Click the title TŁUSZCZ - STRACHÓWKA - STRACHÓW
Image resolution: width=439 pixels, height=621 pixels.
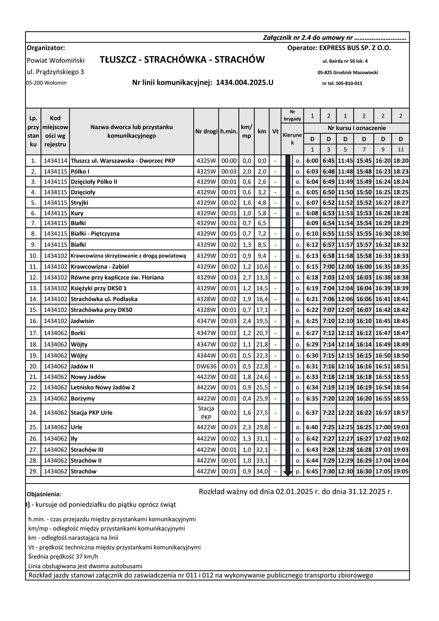[182, 60]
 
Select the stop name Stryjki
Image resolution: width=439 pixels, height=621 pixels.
[80, 203]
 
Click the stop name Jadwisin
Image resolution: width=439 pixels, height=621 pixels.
[82, 321]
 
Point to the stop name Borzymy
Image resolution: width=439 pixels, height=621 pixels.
[83, 399]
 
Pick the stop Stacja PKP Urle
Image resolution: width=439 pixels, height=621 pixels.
[91, 413]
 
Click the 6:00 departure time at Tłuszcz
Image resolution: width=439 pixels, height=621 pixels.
[312, 161]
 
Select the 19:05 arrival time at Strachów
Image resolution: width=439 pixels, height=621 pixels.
[401, 472]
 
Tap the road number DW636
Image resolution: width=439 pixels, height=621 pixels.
[206, 367]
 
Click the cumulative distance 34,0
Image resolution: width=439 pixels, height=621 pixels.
[262, 472]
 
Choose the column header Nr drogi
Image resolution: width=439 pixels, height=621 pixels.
[206, 132]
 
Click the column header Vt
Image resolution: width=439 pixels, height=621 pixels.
[275, 132]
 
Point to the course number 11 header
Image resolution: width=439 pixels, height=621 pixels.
[401, 149]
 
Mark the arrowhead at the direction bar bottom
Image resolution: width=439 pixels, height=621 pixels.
[288, 473]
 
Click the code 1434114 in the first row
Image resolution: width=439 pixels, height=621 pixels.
[55, 161]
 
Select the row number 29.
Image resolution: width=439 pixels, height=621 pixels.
[33, 472]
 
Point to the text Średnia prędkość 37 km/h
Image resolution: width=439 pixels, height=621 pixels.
[63, 557]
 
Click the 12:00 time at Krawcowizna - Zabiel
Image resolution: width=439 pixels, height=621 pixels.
[345, 267]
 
